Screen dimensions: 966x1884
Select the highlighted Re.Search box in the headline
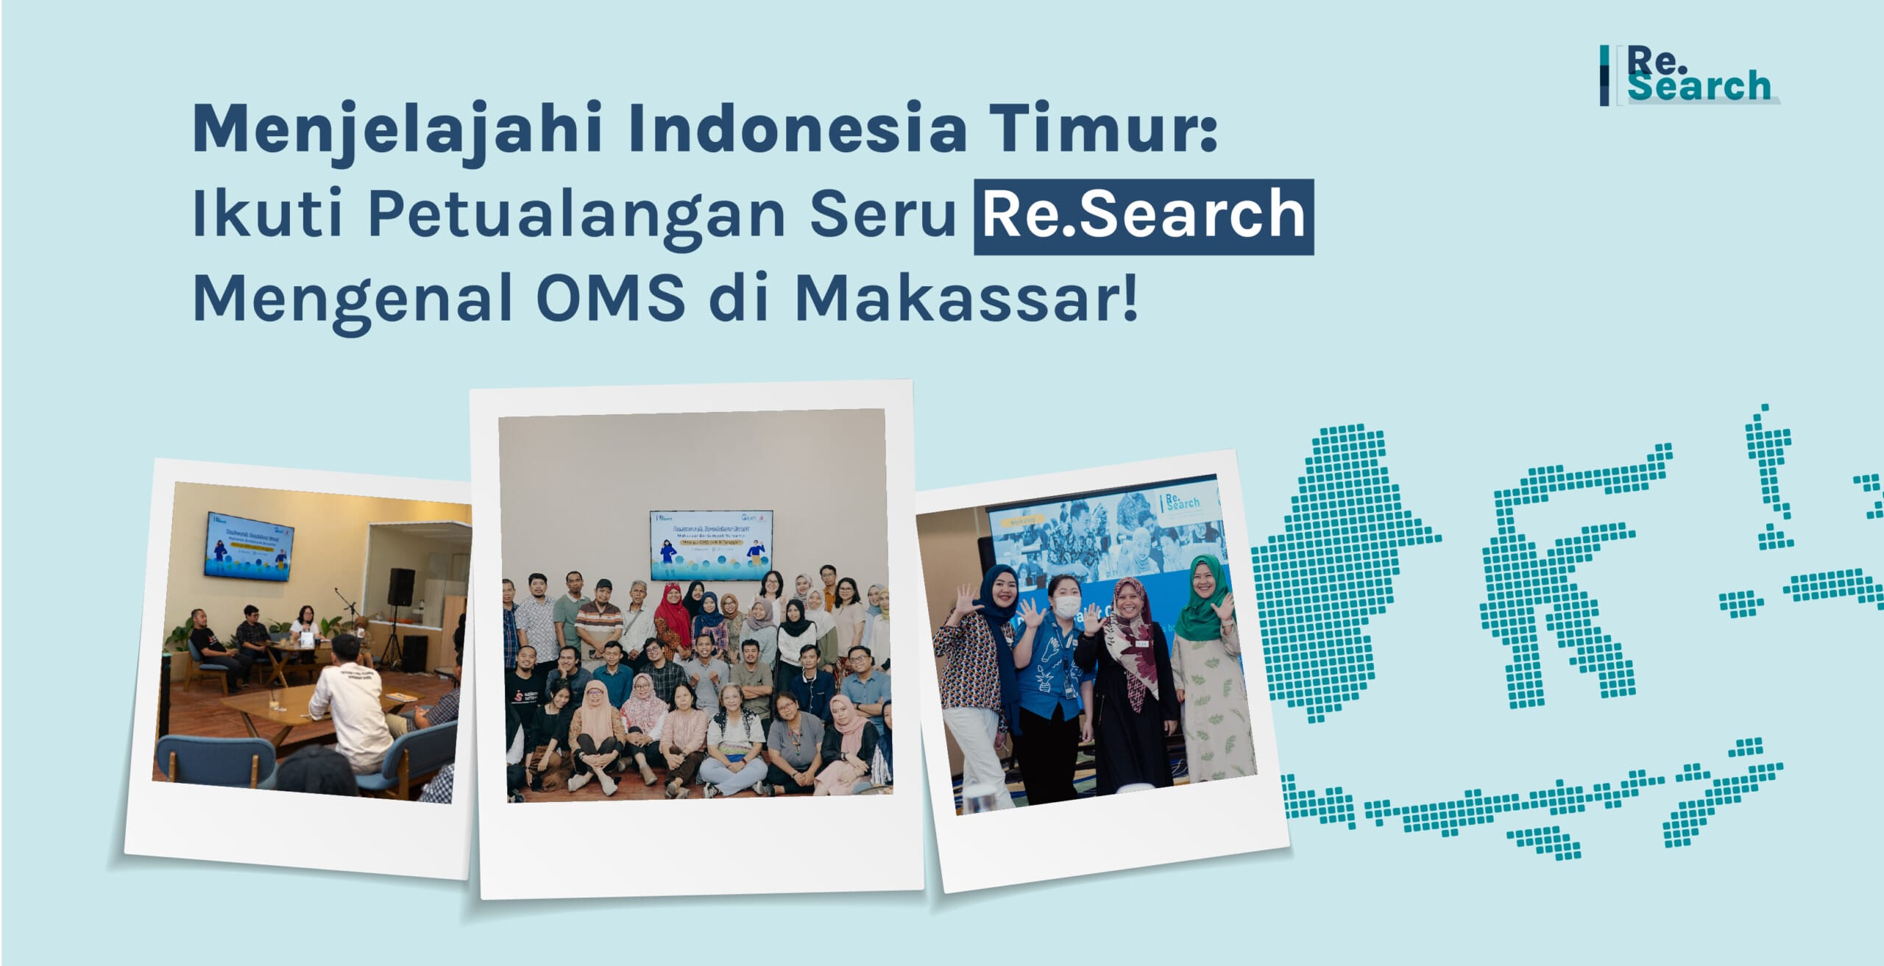click(x=1143, y=216)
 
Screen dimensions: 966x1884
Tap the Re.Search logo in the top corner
click(x=1689, y=76)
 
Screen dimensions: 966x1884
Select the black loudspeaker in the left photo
click(x=401, y=586)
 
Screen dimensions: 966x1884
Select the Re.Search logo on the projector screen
click(x=1182, y=503)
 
